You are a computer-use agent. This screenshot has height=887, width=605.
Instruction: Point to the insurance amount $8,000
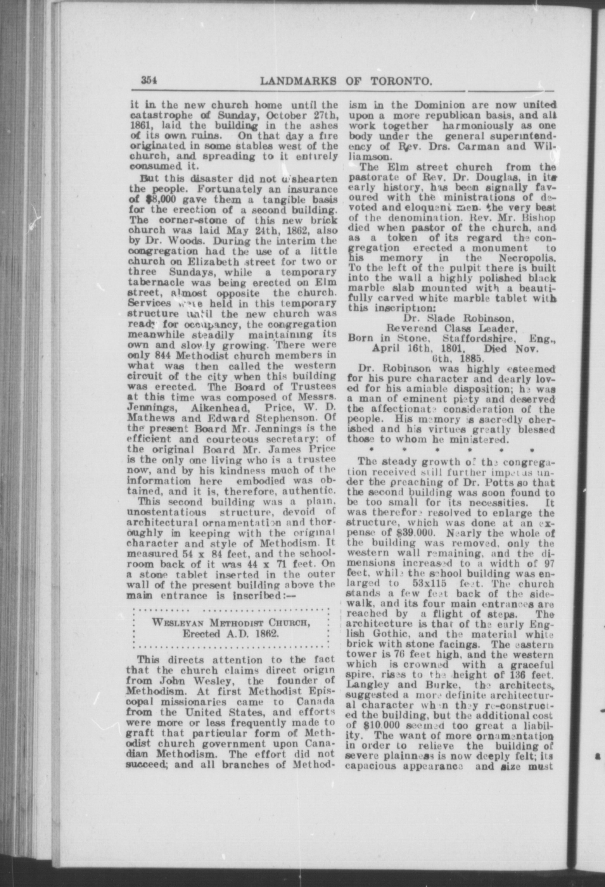click(147, 200)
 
